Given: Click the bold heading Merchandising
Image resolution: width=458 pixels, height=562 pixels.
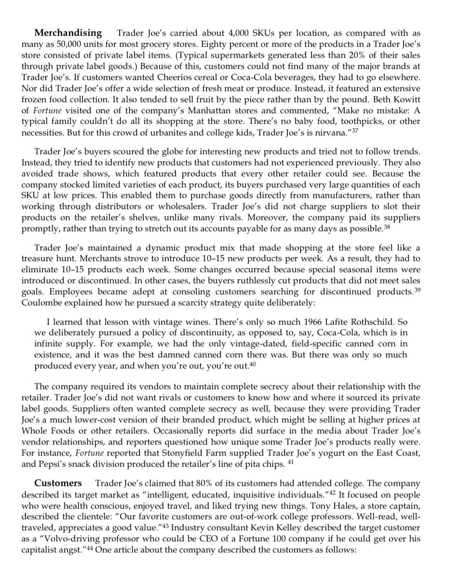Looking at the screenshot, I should pos(68,33).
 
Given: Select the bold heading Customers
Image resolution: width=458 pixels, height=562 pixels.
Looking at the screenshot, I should pos(58,483).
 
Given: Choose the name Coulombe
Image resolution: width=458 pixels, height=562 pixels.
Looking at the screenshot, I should pos(41,303).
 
